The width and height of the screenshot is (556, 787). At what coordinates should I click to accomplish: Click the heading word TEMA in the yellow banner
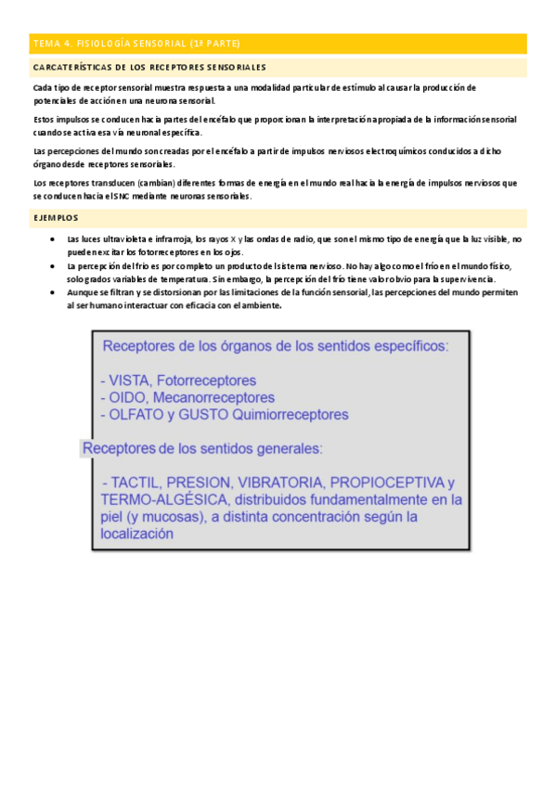[45, 44]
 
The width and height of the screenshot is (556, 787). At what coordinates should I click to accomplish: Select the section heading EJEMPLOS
[55, 217]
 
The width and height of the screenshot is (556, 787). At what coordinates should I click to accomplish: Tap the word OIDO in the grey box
[126, 397]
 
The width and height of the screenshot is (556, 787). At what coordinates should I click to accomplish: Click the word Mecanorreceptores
[209, 397]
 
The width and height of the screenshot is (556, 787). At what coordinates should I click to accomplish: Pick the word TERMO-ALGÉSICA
[149, 500]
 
